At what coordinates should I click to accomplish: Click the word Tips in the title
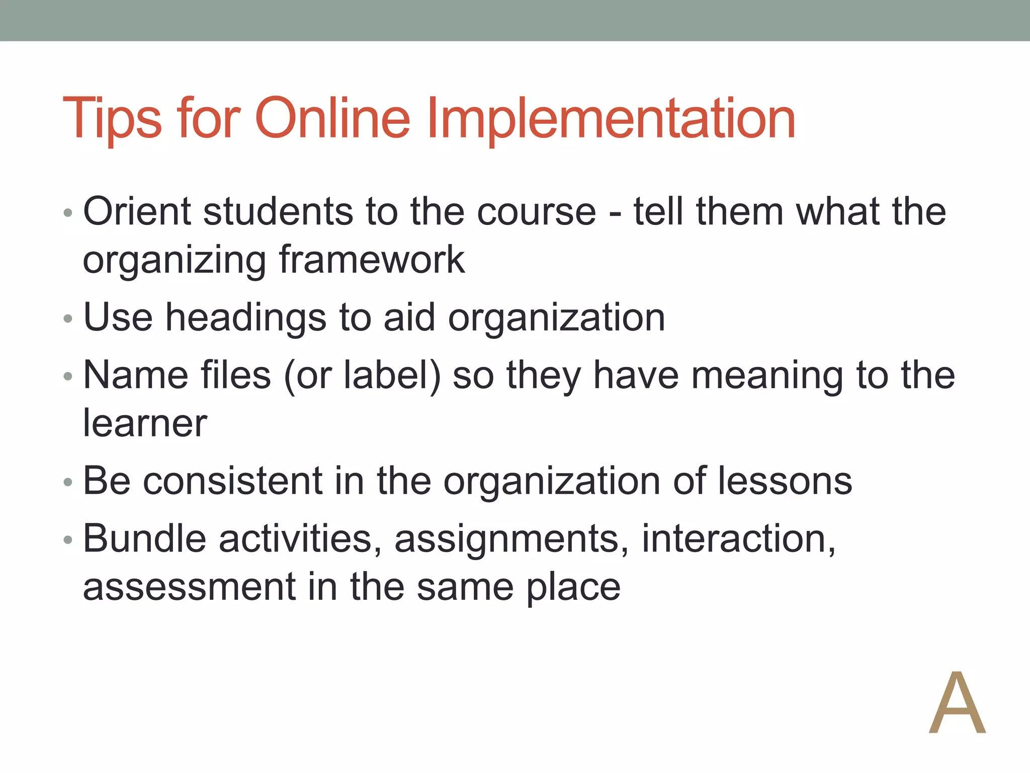112,118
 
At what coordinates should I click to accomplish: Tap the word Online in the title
332,118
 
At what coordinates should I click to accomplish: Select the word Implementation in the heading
611,118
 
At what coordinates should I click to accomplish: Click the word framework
372,260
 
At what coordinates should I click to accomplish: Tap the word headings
246,318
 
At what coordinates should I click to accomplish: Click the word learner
145,423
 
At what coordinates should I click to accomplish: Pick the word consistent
232,481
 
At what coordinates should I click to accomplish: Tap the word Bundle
145,539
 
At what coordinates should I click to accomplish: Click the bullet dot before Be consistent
68,483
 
